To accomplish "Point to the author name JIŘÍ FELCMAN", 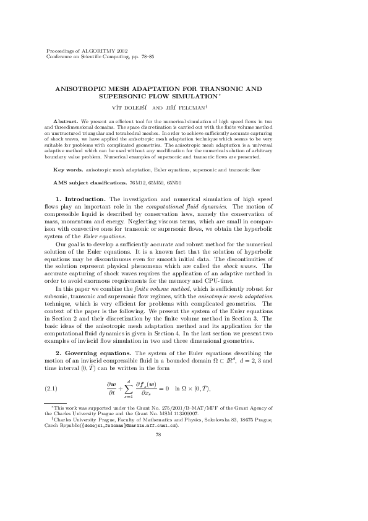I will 184,106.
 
